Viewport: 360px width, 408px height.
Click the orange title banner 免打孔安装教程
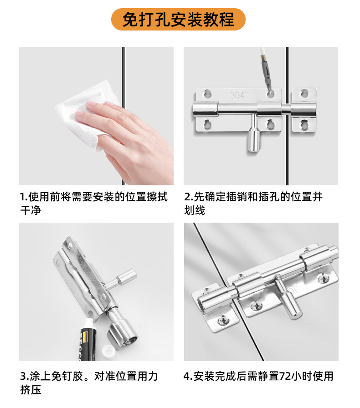(x=178, y=19)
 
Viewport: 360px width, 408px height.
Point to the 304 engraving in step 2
(x=238, y=95)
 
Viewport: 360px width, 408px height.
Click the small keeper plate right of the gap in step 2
(x=304, y=110)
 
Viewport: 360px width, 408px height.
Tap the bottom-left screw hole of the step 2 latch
(x=207, y=124)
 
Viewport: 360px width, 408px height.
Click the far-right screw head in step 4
(x=324, y=279)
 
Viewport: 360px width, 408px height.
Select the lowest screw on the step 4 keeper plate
(x=223, y=321)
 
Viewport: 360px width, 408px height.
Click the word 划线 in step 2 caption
(x=195, y=210)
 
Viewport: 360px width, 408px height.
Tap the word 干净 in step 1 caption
(x=31, y=210)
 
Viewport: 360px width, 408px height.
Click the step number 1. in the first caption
(x=24, y=197)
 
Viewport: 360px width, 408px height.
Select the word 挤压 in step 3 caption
(x=31, y=390)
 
